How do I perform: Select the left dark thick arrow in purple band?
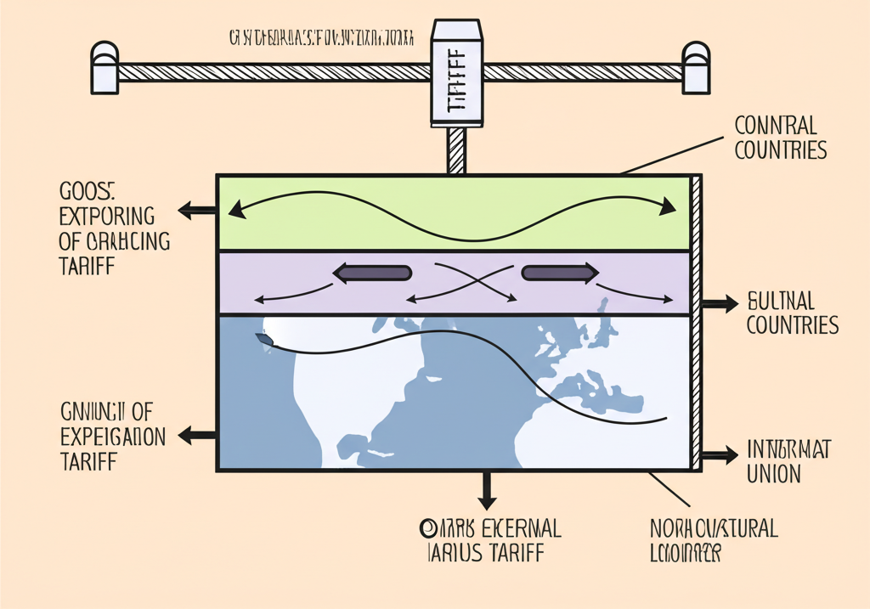(x=372, y=273)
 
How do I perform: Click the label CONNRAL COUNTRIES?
(x=780, y=138)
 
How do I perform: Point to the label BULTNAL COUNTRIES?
(x=792, y=313)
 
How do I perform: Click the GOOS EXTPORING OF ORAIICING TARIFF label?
(x=114, y=227)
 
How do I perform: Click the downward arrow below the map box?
(x=486, y=489)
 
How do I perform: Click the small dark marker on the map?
(x=265, y=340)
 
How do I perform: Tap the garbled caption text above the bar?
(x=321, y=38)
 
